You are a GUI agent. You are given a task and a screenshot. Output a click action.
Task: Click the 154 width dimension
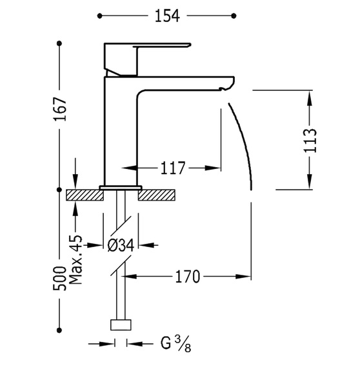pyautogui.click(x=167, y=16)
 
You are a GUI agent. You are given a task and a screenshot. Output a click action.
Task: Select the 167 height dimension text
pyautogui.click(x=59, y=109)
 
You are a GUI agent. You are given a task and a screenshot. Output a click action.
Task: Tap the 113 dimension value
pyautogui.click(x=310, y=140)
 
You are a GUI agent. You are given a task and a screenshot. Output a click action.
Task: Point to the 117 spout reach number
pyautogui.click(x=173, y=168)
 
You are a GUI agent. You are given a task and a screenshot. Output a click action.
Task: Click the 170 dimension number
pyautogui.click(x=188, y=276)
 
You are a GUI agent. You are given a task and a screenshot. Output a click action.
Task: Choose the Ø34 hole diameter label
pyautogui.click(x=121, y=245)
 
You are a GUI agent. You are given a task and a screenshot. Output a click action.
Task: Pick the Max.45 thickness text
pyautogui.click(x=76, y=259)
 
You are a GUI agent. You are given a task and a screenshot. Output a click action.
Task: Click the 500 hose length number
pyautogui.click(x=59, y=279)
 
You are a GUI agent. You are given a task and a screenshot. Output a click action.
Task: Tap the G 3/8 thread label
pyautogui.click(x=175, y=344)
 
